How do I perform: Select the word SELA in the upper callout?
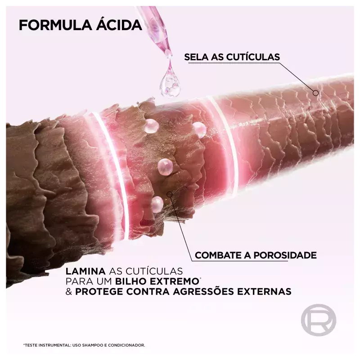coord(196,57)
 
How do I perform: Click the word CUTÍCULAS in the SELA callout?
coord(253,57)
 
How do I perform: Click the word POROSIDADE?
coord(285,255)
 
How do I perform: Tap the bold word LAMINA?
coord(85,271)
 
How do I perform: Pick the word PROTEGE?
coord(99,292)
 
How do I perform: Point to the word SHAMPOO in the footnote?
coord(92,345)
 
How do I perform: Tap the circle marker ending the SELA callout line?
coord(316,93)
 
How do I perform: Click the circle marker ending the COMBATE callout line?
coord(170,194)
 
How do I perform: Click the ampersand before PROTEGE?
coord(69,292)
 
